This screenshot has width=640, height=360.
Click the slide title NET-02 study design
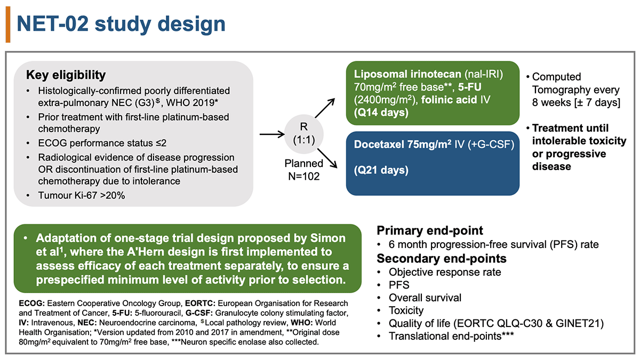point(121,25)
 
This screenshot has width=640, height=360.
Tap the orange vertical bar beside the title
point(8,25)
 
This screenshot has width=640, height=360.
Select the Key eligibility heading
point(66,75)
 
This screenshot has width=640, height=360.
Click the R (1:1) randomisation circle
point(303,133)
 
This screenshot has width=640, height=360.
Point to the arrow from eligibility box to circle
point(273,134)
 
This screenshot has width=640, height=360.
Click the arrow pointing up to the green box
point(325,108)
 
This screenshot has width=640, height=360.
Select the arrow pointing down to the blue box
point(327,158)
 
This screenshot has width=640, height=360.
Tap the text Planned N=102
point(303,170)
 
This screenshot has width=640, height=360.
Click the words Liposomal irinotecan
point(407,74)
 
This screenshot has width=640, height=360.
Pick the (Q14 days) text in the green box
point(381,113)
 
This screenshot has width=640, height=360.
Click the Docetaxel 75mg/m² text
point(403,145)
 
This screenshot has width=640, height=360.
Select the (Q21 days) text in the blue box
point(381,170)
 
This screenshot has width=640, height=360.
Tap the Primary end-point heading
point(430,230)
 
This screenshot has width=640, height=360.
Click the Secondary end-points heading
point(442,259)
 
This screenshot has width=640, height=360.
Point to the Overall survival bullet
point(425,298)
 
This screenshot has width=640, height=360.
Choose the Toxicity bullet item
point(406,310)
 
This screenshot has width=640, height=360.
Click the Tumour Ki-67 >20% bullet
point(82,195)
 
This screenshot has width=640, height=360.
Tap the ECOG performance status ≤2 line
point(102,143)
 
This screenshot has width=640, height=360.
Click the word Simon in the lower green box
point(327,238)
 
